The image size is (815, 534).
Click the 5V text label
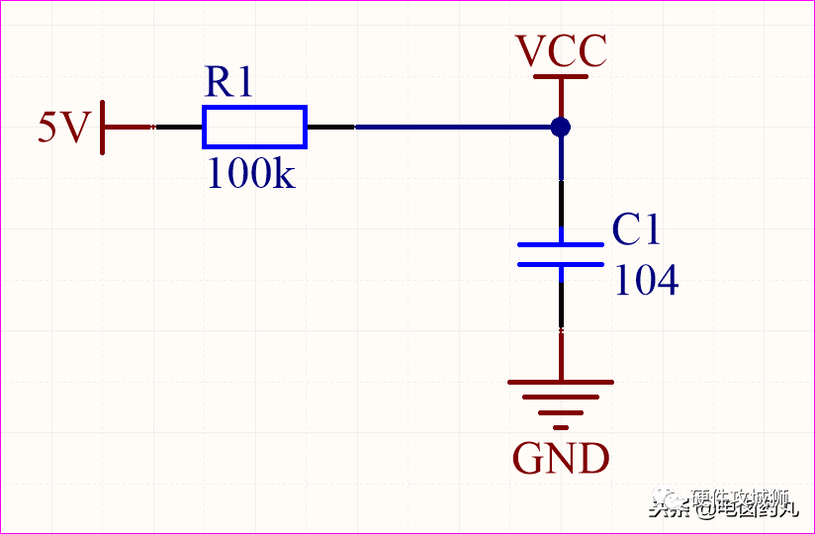click(x=64, y=128)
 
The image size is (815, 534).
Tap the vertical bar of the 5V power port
click(x=103, y=128)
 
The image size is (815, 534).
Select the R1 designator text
click(x=228, y=82)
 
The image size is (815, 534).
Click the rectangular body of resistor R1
click(x=254, y=128)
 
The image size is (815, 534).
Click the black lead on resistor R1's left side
click(x=178, y=128)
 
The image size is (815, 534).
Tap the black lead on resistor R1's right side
click(x=330, y=128)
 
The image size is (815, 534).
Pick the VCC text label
click(x=561, y=51)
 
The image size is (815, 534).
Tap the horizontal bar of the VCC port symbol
click(x=561, y=76)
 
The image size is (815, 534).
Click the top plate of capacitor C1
click(x=561, y=244)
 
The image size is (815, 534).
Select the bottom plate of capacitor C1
click(x=561, y=264)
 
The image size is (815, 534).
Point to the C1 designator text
click(x=635, y=229)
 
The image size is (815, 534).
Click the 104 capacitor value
click(x=647, y=281)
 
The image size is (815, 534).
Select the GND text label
click(x=561, y=459)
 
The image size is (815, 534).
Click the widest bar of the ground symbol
click(x=561, y=382)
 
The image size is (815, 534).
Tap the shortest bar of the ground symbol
click(x=561, y=427)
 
